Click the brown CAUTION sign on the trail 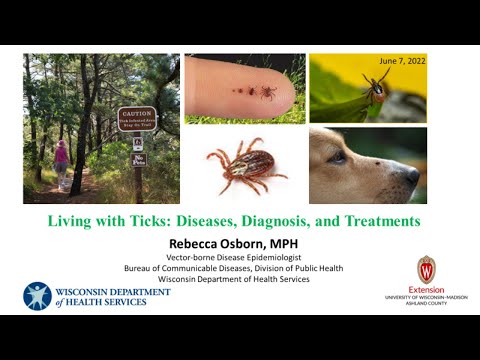pos(137,118)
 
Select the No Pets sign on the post pos(139,159)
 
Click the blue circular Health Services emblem pos(37,295)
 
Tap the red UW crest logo pos(426,268)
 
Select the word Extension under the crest pos(426,289)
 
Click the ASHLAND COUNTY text pos(426,302)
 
